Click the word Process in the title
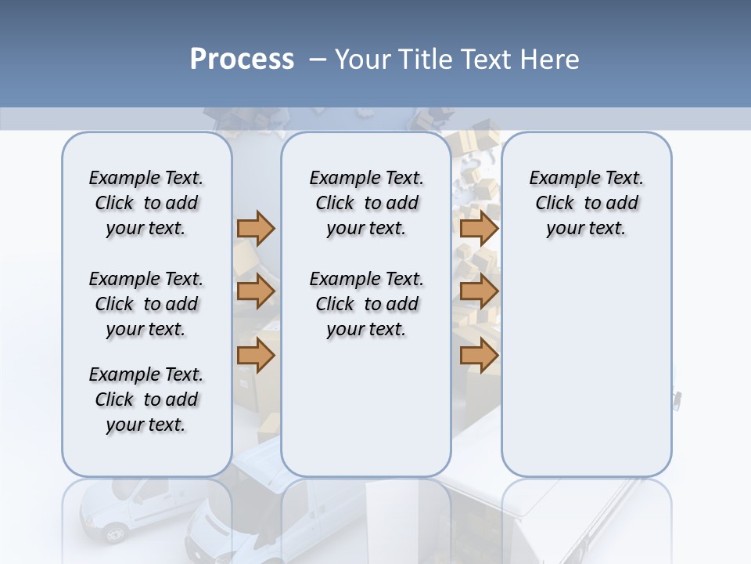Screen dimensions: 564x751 pyautogui.click(x=241, y=60)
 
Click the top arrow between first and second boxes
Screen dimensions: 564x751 pyautogui.click(x=256, y=228)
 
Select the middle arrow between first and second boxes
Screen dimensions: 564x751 pyautogui.click(x=256, y=292)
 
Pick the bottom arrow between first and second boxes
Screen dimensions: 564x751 pyautogui.click(x=256, y=356)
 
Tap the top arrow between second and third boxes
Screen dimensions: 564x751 pyautogui.click(x=479, y=228)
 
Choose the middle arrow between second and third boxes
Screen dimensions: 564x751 pyautogui.click(x=479, y=292)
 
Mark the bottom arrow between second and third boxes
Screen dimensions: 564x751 pyautogui.click(x=479, y=356)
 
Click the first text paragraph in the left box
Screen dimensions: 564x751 pyautogui.click(x=146, y=203)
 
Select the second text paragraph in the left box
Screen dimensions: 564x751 pyautogui.click(x=146, y=304)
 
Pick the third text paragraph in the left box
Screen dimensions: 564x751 pyautogui.click(x=146, y=399)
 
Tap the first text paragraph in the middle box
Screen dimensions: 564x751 pyautogui.click(x=366, y=203)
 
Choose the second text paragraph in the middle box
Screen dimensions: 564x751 pyautogui.click(x=366, y=304)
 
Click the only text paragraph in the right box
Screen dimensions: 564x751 pyautogui.click(x=586, y=203)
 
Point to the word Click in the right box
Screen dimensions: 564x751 pyautogui.click(x=555, y=204)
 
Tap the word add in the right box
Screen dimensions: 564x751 pyautogui.click(x=622, y=204)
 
